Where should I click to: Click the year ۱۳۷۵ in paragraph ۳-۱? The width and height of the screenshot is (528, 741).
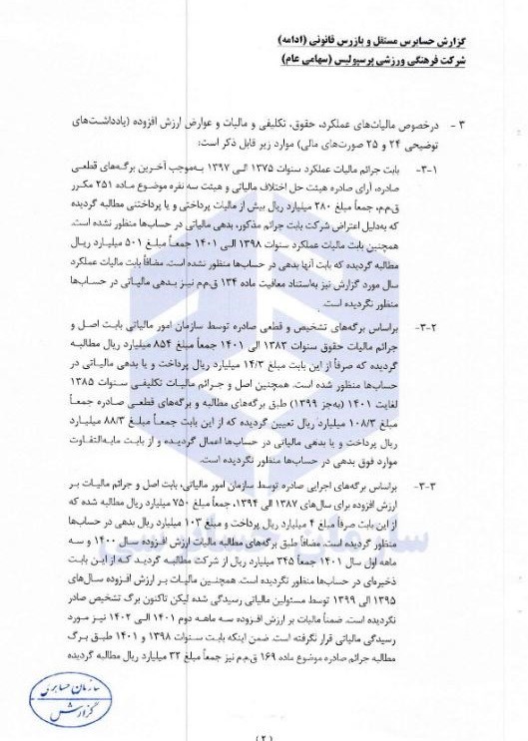pos(312,172)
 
